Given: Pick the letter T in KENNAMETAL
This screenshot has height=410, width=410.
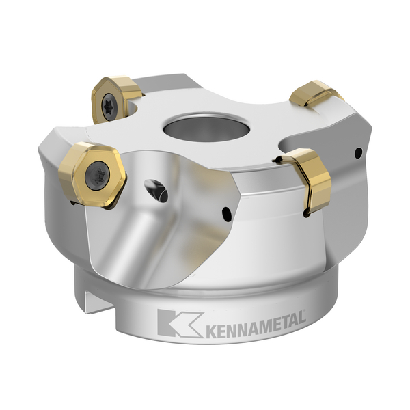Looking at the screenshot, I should (x=283, y=323).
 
